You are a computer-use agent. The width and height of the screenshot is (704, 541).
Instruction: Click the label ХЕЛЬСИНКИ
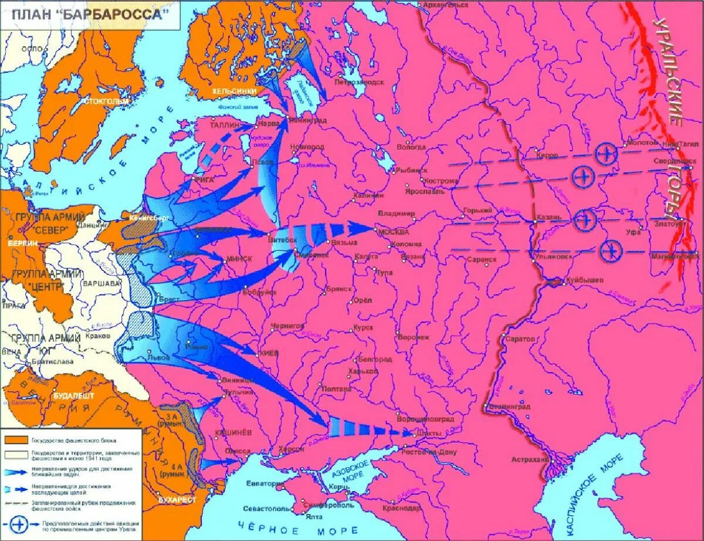pyautogui.click(x=234, y=91)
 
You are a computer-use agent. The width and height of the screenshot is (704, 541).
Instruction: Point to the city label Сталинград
pyautogui.click(x=509, y=406)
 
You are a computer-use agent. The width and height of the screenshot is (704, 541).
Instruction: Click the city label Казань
pyautogui.click(x=548, y=217)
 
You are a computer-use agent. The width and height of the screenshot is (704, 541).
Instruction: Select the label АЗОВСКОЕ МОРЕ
pyautogui.click(x=357, y=472)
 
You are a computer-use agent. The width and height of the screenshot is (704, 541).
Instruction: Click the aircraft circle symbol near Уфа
pyautogui.click(x=611, y=251)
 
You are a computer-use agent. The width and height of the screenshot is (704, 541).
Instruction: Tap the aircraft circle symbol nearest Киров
pyautogui.click(x=605, y=154)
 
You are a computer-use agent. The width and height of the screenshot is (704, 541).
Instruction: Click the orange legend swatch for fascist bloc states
pyautogui.click(x=15, y=440)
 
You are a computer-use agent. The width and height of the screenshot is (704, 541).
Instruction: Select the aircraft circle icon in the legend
pyautogui.click(x=15, y=522)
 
